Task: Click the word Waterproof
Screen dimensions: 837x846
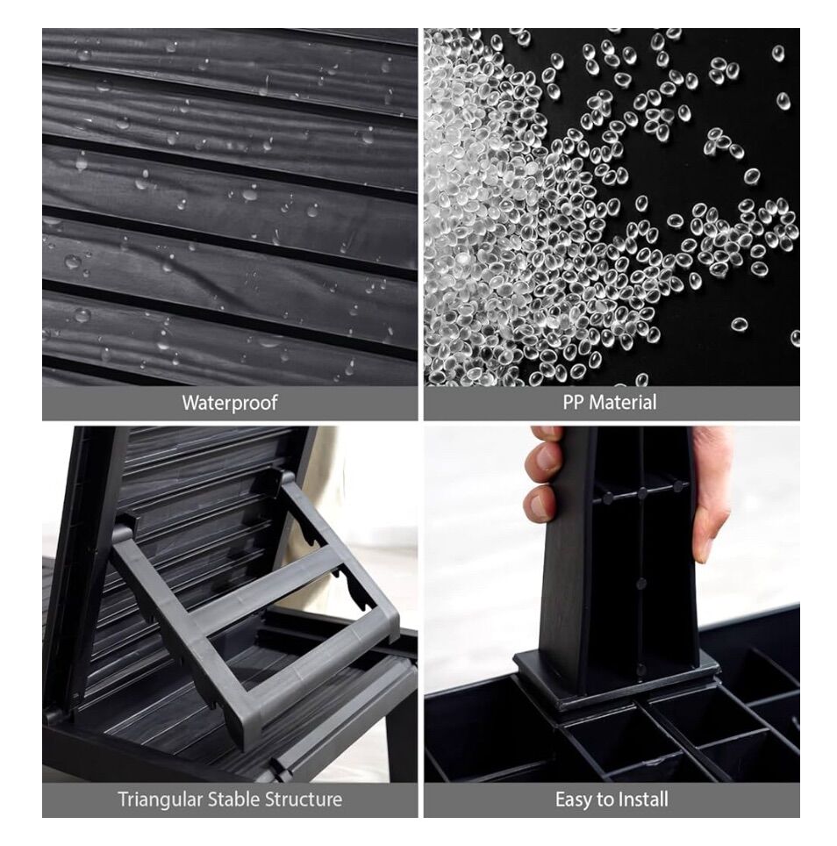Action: click(x=230, y=403)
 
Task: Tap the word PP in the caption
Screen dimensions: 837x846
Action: click(x=573, y=403)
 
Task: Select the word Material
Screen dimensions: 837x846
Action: click(x=623, y=403)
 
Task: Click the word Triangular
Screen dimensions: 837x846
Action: click(x=161, y=799)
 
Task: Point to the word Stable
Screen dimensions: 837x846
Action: click(x=232, y=799)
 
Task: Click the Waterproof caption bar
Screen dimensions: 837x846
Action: click(x=230, y=403)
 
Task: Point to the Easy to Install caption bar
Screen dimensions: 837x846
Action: click(x=612, y=799)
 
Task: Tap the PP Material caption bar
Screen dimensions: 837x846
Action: click(x=612, y=403)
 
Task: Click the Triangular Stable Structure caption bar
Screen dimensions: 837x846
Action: click(x=230, y=799)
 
